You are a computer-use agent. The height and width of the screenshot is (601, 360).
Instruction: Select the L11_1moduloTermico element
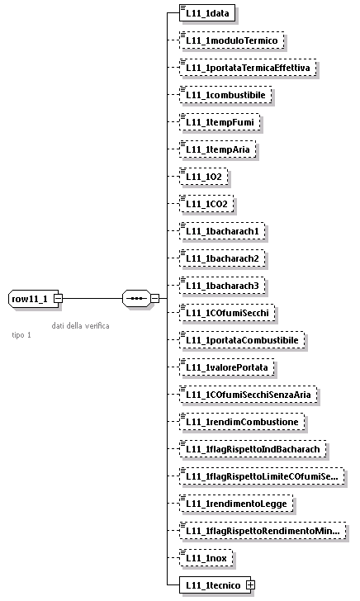pos(232,40)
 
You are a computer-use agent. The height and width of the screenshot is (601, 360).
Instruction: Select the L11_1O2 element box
pos(204,177)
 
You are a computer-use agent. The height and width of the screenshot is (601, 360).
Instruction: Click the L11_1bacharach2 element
pos(222,258)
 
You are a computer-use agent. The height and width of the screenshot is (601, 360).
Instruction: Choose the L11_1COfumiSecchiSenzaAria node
pos(249,395)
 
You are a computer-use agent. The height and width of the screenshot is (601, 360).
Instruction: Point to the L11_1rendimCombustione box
pos(242,422)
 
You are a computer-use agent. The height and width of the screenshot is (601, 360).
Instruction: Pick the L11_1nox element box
pos(207,558)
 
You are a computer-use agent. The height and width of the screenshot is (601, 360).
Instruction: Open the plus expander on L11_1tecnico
pos(250,585)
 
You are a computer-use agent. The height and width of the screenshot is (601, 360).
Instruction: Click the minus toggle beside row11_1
pos(59,298)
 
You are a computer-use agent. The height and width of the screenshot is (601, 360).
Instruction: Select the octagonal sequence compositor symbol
pos(135,298)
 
